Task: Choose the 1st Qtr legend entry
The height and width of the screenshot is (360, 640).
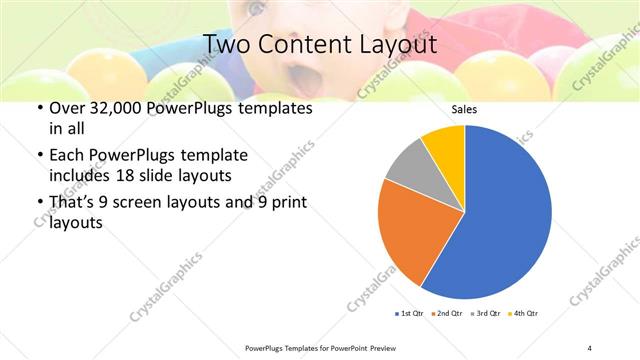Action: point(408,314)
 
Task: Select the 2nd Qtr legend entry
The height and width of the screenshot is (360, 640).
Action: point(445,314)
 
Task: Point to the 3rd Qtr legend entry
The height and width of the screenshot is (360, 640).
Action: point(484,314)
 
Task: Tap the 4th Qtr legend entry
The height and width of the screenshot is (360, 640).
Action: point(523,314)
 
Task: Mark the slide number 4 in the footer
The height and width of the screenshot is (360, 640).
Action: point(590,347)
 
